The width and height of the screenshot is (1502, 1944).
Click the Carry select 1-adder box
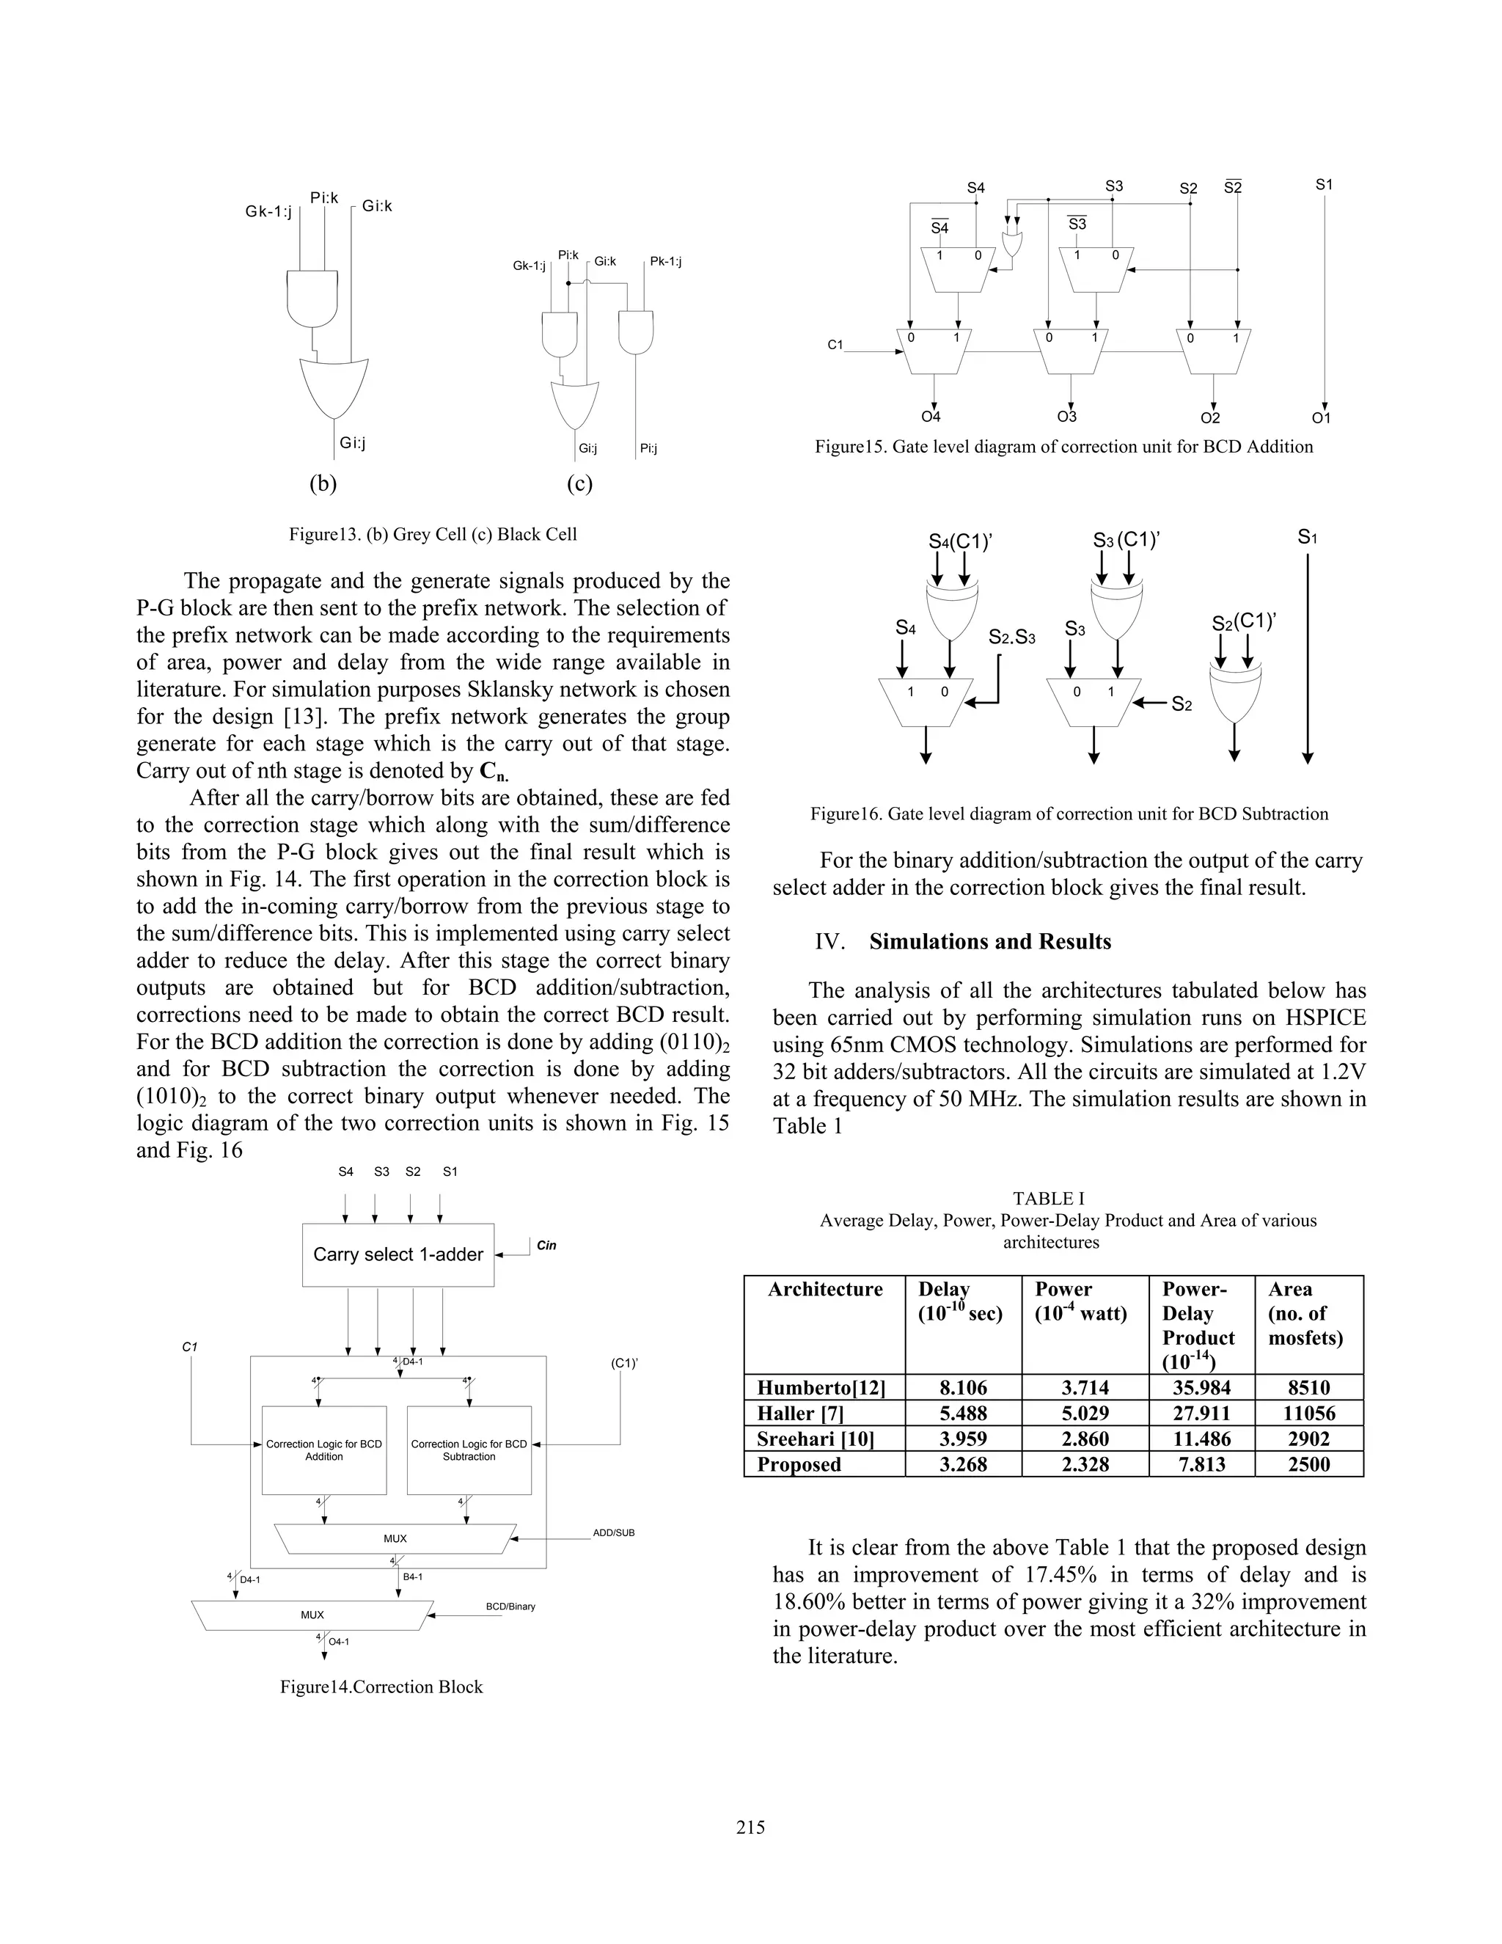pos(398,1254)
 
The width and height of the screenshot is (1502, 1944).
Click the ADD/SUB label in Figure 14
pos(613,1532)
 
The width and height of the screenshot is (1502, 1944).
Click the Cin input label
pos(546,1246)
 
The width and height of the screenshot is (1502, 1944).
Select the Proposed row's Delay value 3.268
pos(963,1464)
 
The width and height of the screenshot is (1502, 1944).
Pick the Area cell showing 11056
pos(1308,1414)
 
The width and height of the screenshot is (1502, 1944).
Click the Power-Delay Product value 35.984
pos(1201,1388)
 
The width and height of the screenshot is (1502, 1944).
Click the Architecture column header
pos(825,1290)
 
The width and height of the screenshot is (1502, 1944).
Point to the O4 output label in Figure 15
pos(931,417)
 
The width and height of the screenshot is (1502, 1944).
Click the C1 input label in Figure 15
pos(835,345)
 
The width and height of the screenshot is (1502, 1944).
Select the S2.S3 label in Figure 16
pos(1011,638)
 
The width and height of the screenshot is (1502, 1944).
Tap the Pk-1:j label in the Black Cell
pos(666,262)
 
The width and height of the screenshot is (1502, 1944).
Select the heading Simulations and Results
pos(989,942)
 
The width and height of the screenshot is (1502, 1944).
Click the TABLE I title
pos(1048,1199)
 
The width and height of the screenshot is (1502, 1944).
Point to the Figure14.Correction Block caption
pos(381,1687)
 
